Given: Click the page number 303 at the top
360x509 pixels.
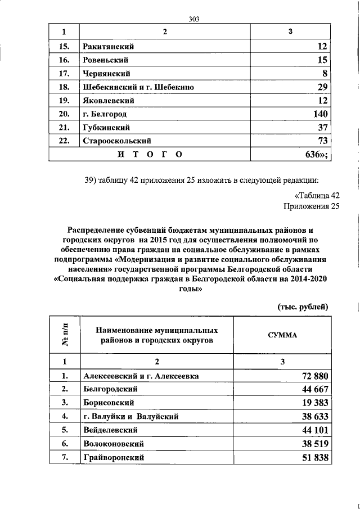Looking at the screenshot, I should click(x=195, y=18).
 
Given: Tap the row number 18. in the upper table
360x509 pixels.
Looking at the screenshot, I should click(x=64, y=87).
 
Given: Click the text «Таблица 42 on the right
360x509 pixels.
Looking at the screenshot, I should click(x=317, y=196).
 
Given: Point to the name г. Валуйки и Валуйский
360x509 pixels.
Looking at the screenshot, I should click(x=130, y=417).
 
